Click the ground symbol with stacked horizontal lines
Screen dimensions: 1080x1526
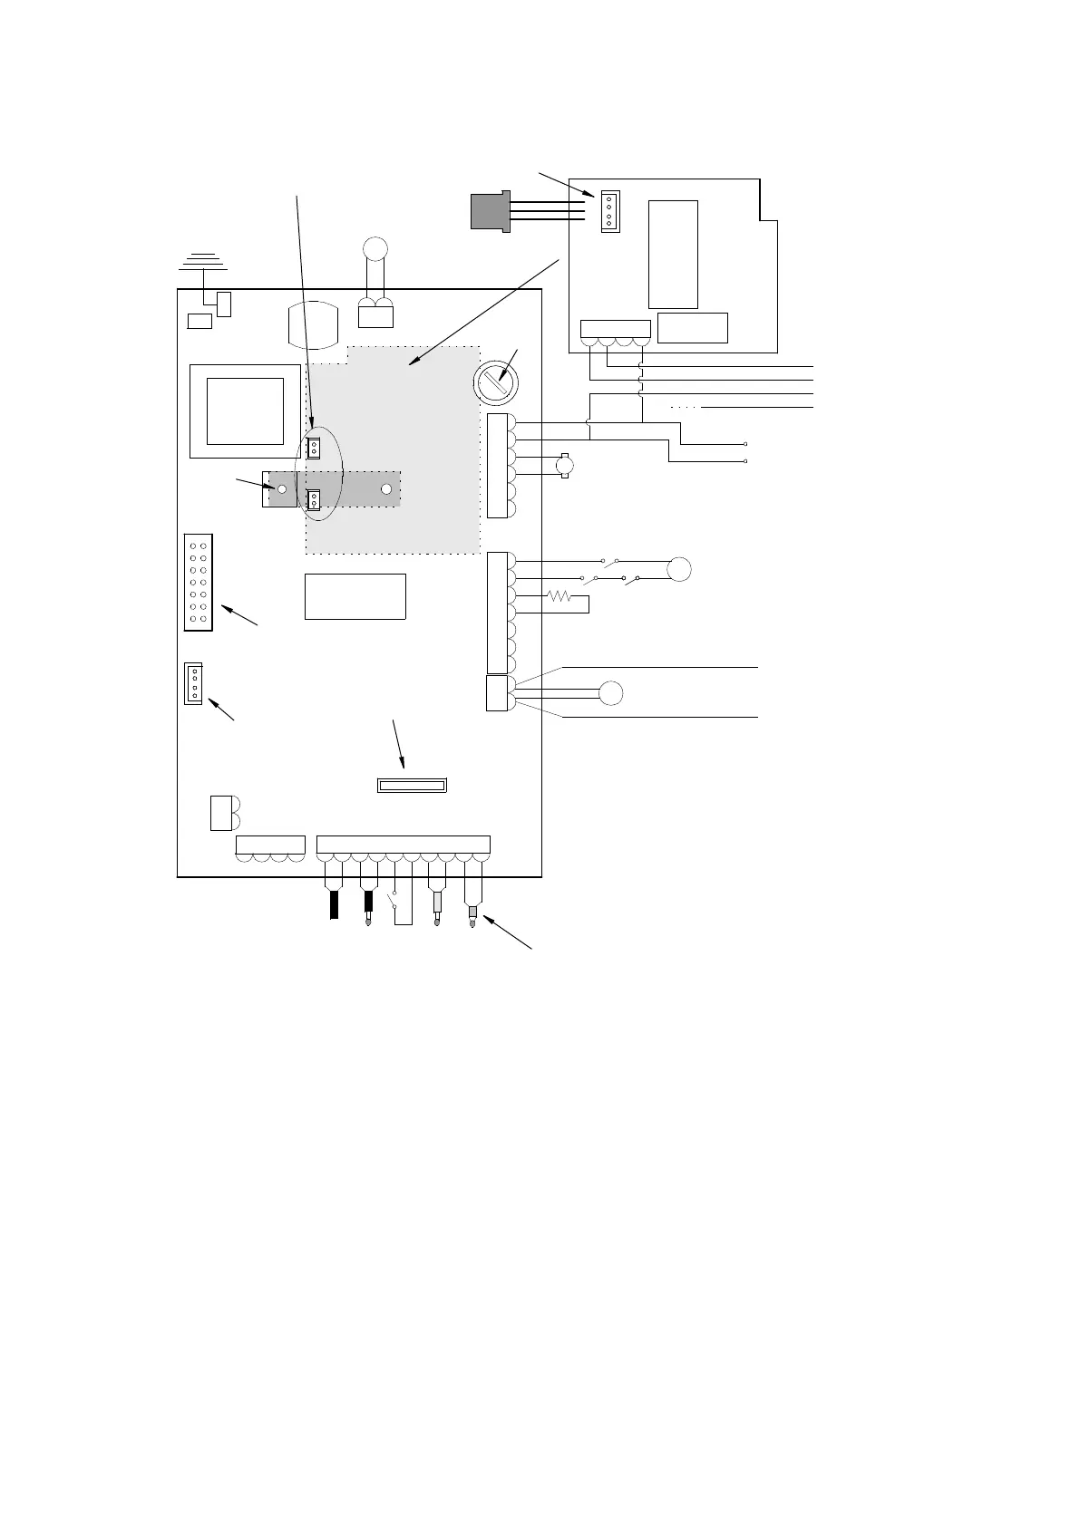pos(202,262)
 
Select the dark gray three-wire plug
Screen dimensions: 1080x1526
pos(491,210)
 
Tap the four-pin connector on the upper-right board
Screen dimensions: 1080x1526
pos(609,211)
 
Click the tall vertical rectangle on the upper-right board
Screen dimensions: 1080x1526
pos(673,255)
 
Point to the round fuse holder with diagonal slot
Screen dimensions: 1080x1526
pos(496,383)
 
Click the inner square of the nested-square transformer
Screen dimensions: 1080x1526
pos(245,410)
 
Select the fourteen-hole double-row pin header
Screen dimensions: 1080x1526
pos(198,582)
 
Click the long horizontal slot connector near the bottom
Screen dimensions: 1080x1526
pos(411,784)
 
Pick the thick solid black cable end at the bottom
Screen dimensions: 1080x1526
pos(334,904)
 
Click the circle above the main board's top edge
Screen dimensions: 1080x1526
pos(374,247)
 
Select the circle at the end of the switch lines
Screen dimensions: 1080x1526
pos(679,570)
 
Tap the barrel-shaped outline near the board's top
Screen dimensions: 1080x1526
pos(313,324)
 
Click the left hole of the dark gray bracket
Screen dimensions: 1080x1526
pos(282,489)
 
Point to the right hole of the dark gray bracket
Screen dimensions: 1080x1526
pos(386,489)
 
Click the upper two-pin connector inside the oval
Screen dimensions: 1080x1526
pos(314,447)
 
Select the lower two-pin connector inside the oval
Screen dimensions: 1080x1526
pos(314,500)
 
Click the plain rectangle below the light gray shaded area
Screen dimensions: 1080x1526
pos(355,596)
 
